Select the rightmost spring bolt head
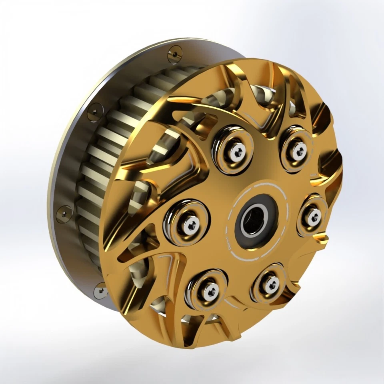coord(313,217)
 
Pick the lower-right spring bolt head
coord(272,285)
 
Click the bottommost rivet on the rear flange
coord(100,291)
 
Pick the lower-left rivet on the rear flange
coord(64,214)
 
